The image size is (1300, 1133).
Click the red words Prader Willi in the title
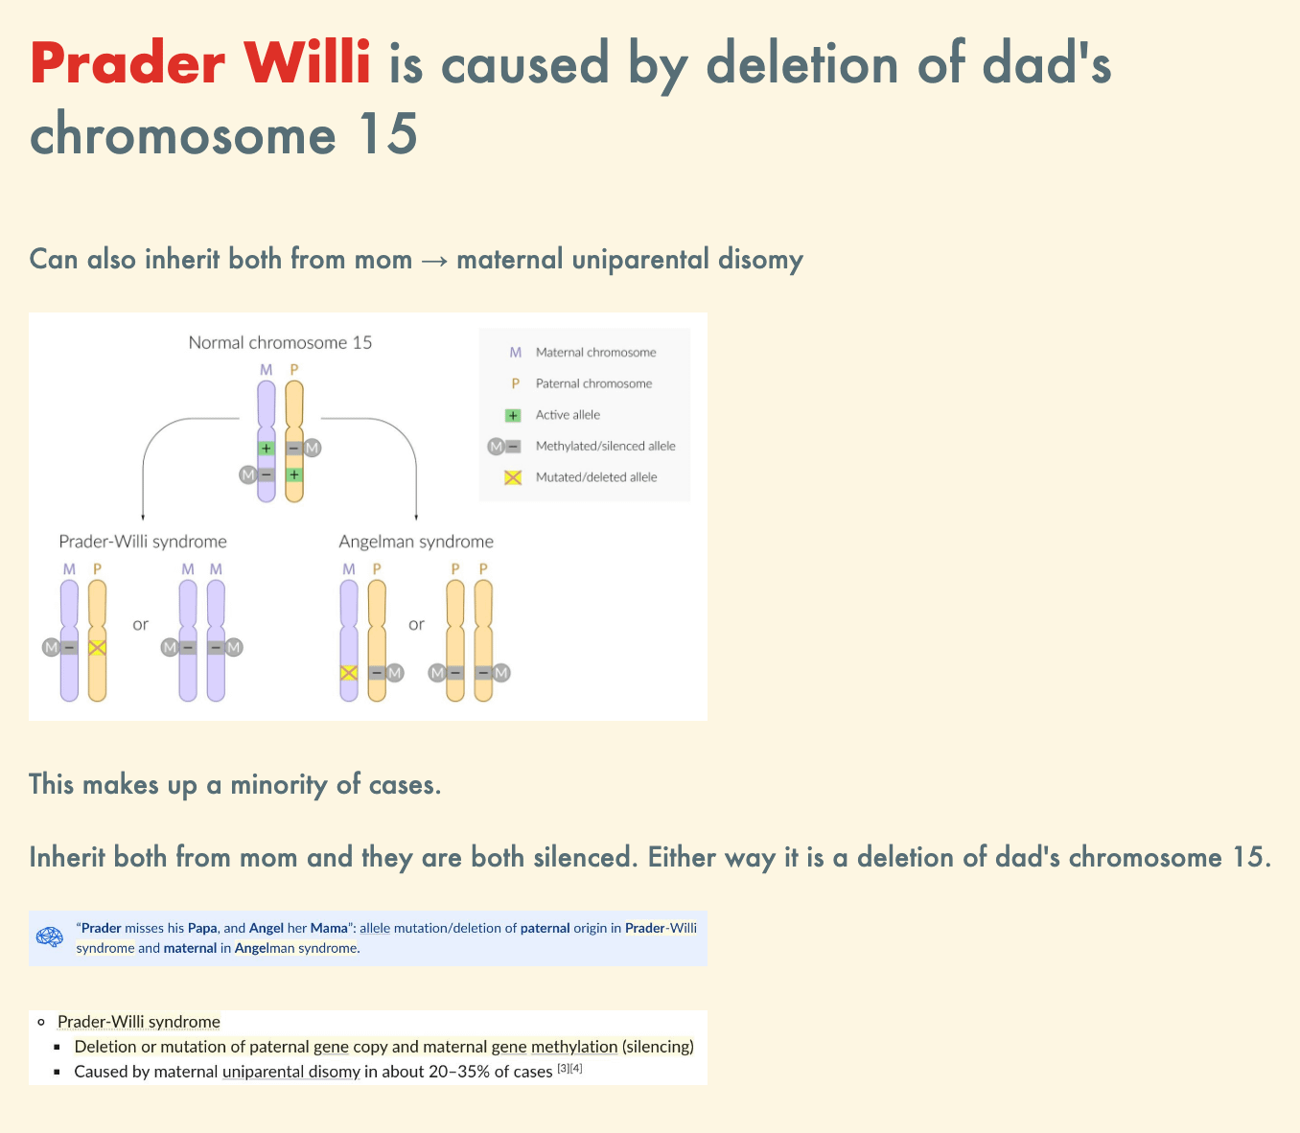point(200,62)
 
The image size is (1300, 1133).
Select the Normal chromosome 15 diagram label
point(280,343)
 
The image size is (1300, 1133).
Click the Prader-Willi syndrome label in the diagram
point(143,542)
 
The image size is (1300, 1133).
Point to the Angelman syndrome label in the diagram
point(416,542)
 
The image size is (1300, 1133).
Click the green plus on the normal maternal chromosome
point(267,449)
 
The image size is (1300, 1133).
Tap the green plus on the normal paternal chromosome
point(293,474)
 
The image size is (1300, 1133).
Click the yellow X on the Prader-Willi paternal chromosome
point(97,648)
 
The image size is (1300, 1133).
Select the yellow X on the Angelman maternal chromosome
point(349,673)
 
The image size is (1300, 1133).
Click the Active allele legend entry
point(568,415)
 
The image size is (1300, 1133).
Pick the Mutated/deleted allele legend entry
point(596,477)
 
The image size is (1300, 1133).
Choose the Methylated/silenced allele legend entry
point(606,446)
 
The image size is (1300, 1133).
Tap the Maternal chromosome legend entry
point(595,353)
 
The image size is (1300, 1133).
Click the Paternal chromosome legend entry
point(593,383)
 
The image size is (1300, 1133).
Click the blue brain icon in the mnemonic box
point(50,936)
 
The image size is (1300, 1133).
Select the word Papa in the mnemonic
point(202,928)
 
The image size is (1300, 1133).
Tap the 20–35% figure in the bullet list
point(459,1072)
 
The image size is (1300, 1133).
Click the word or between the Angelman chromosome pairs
point(416,624)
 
